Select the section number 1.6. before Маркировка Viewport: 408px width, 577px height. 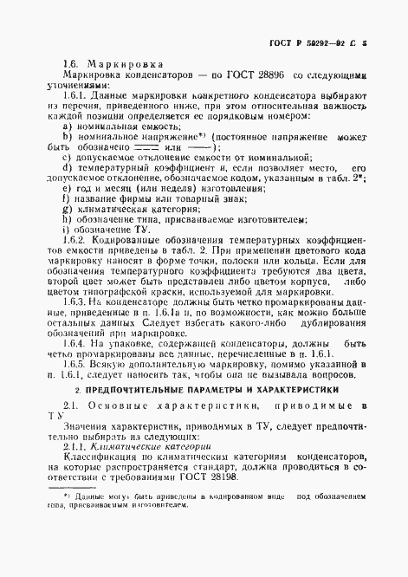coord(72,64)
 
